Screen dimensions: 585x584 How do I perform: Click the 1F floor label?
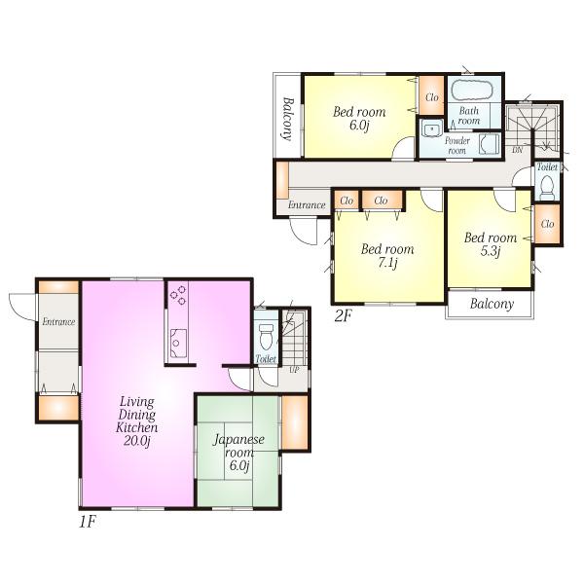[88, 521]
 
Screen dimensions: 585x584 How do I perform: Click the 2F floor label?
[342, 314]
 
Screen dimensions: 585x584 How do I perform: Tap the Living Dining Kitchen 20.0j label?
[137, 420]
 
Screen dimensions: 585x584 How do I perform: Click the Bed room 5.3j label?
[490, 244]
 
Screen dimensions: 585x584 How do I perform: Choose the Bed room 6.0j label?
[359, 119]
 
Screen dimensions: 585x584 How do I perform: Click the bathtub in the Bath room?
[474, 92]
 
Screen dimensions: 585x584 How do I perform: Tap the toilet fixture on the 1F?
[264, 335]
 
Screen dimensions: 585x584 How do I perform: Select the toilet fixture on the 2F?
[547, 183]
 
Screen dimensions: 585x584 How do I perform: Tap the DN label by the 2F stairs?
[518, 151]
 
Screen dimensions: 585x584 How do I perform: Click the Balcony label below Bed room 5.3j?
[492, 304]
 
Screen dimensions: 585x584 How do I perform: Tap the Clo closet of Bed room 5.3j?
[547, 225]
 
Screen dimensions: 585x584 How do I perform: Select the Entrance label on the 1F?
[58, 322]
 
